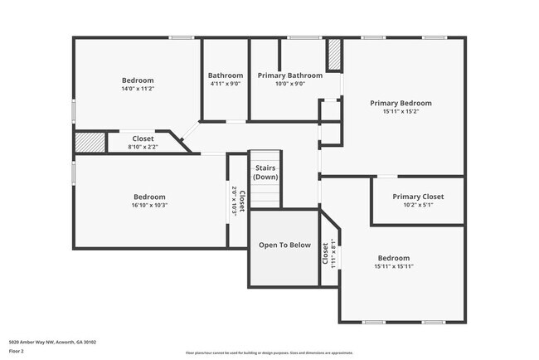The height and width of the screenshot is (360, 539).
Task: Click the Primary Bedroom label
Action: [401, 103]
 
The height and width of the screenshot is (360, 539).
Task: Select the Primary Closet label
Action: [418, 197]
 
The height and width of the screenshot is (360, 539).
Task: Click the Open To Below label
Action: [284, 245]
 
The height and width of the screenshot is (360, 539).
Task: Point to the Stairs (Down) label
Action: [265, 172]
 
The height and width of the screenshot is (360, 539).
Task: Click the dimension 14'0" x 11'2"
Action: [138, 89]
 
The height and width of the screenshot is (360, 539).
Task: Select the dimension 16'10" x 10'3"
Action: [149, 205]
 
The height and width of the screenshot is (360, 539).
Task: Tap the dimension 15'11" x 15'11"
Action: [394, 266]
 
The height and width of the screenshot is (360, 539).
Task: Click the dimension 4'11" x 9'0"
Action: [225, 84]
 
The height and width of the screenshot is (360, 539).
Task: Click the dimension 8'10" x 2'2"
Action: [142, 147]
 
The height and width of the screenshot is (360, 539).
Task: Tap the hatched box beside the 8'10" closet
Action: [90, 143]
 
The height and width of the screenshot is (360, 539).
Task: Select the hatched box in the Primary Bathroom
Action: [334, 55]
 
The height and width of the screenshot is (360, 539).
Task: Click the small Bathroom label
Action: [225, 75]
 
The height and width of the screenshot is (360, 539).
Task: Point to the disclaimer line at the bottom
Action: [269, 353]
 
